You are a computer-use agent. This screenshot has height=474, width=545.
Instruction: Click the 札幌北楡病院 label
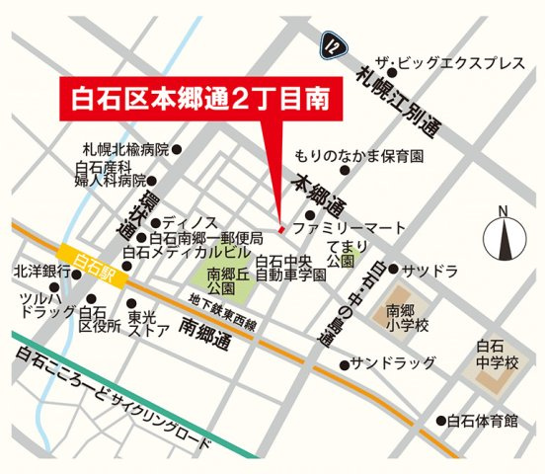click(126, 150)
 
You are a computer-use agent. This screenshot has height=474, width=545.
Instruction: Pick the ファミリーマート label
click(350, 228)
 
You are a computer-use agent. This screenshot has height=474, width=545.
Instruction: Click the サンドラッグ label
click(394, 364)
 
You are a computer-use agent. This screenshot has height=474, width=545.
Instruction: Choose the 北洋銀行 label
click(41, 271)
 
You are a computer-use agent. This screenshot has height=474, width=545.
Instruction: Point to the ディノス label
click(184, 222)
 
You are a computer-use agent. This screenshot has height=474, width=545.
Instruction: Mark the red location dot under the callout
click(281, 229)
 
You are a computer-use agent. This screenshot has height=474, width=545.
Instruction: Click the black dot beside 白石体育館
click(440, 421)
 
